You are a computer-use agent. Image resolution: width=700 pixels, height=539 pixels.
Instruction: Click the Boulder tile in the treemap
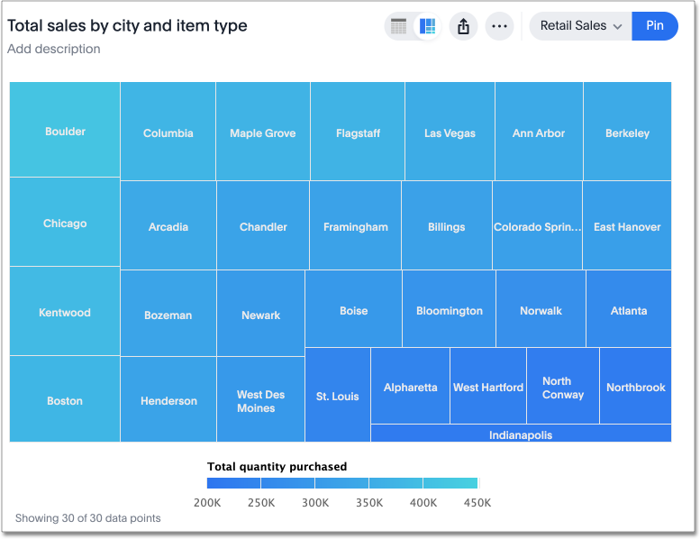(x=65, y=131)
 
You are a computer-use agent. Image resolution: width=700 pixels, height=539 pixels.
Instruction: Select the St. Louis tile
(x=337, y=396)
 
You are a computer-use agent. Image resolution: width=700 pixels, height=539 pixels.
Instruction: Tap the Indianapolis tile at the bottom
(x=521, y=434)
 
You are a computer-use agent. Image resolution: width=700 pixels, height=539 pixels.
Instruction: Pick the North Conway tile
(x=563, y=388)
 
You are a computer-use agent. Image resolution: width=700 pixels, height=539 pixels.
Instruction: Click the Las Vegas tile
(x=450, y=132)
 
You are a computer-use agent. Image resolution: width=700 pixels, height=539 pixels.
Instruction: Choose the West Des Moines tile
(x=260, y=401)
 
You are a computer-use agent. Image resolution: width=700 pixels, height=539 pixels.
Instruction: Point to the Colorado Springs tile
(x=537, y=227)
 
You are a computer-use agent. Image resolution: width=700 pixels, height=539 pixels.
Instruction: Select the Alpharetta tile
(x=410, y=388)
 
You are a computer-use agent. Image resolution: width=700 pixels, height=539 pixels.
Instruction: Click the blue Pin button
(x=655, y=26)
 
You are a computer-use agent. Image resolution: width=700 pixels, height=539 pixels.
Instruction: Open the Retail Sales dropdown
(x=580, y=26)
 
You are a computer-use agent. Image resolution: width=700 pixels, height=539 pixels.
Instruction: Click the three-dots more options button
(x=499, y=26)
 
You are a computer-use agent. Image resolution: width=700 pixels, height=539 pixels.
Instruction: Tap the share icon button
(x=463, y=26)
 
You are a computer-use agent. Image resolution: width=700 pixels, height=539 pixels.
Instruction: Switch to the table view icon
(x=399, y=26)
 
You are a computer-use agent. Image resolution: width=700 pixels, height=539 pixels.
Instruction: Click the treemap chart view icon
(x=428, y=26)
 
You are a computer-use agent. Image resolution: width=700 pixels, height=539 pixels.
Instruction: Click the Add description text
(x=54, y=49)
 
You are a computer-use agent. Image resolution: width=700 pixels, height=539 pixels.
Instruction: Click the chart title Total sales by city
(x=127, y=26)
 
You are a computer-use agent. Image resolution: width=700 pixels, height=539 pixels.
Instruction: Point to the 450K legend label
(x=477, y=502)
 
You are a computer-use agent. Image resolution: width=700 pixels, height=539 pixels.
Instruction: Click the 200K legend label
(x=208, y=502)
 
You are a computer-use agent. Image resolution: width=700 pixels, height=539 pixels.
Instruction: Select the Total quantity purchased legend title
(x=277, y=467)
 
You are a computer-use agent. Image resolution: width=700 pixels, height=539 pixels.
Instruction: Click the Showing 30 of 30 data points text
(x=87, y=518)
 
